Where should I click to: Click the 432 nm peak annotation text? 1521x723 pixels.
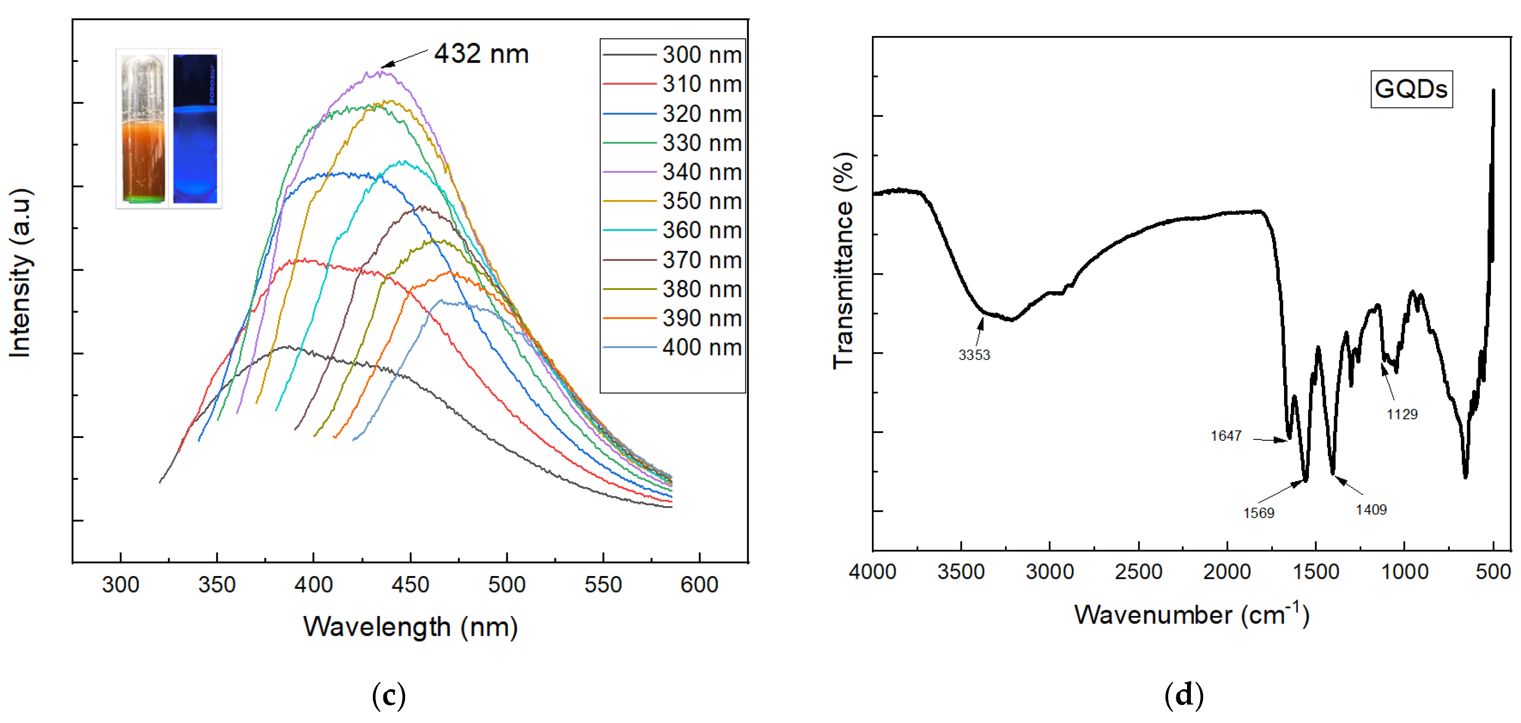pos(481,54)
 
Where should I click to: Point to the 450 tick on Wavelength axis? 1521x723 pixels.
pos(410,584)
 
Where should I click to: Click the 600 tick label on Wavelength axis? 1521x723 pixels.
pos(699,584)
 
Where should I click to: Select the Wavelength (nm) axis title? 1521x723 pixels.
pos(411,627)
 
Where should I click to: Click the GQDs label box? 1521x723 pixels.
pos(1411,89)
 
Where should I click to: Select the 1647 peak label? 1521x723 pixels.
pos(1226,436)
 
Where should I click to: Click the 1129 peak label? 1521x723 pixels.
pos(1402,414)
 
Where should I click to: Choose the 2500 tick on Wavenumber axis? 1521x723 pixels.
pos(1139,571)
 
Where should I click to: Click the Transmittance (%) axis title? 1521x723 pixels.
pos(844,261)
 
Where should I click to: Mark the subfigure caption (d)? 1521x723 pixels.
pos(1183,695)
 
